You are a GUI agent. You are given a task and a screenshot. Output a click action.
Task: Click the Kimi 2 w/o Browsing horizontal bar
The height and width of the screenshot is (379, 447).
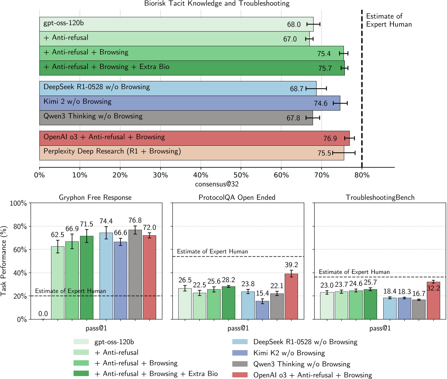[x=190, y=103]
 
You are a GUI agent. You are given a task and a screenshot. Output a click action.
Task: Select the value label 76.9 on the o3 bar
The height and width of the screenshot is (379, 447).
[x=330, y=139]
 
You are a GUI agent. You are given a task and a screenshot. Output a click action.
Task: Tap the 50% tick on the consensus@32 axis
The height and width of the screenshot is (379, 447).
[x=241, y=175]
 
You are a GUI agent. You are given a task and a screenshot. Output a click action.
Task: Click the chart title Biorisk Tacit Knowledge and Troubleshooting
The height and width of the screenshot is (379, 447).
[x=217, y=4]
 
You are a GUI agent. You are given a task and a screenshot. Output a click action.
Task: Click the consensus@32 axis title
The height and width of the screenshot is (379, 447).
[x=217, y=184]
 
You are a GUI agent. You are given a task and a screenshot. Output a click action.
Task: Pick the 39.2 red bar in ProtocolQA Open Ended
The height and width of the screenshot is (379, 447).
[x=291, y=296]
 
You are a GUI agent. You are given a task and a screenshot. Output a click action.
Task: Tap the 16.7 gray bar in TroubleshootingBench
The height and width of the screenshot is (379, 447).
[x=419, y=309]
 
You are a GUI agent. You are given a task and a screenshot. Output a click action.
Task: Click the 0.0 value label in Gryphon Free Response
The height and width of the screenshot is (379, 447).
[x=43, y=314]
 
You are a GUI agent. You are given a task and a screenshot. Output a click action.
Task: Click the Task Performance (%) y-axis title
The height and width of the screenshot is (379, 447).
[x=4, y=261]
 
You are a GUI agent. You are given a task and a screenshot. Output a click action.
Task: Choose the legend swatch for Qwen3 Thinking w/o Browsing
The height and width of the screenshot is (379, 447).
[x=240, y=364]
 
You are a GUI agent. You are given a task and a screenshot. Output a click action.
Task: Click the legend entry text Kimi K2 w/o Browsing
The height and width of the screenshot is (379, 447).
[x=289, y=353]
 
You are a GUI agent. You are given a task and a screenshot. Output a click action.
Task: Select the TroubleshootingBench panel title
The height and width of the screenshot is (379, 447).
[x=380, y=197]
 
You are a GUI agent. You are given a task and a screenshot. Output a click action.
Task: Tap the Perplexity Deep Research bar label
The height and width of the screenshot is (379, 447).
[x=112, y=151]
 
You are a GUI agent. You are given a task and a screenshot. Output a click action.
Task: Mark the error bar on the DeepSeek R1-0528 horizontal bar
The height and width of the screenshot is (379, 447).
[x=316, y=88]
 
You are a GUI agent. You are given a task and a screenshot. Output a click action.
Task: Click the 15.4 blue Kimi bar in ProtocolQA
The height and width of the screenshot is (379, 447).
[x=262, y=310]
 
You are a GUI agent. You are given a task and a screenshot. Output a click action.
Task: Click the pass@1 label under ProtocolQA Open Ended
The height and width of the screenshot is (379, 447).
[x=238, y=328]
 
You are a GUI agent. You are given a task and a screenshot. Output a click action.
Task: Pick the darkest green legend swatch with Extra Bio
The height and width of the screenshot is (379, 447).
[x=81, y=373]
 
